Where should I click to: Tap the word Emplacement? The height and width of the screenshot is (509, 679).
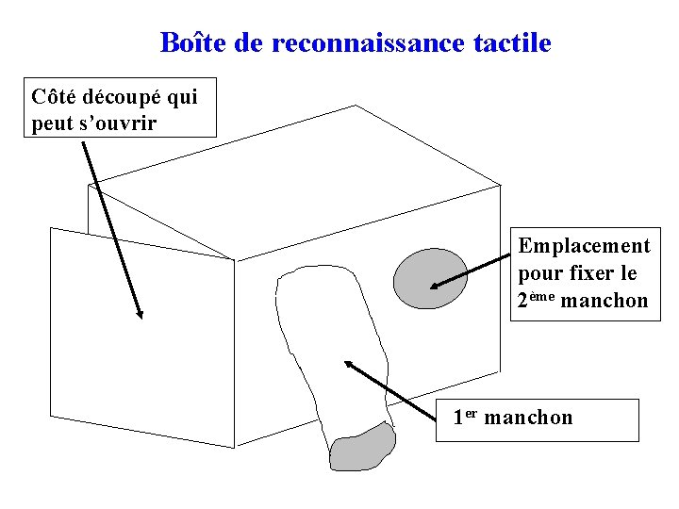tap(584, 246)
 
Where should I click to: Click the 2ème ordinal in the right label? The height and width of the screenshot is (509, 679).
tap(535, 300)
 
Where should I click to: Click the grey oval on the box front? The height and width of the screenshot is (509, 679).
tap(430, 279)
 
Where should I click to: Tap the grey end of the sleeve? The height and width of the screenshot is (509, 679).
tap(362, 449)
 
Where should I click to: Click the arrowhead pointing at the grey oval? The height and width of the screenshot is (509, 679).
tap(436, 286)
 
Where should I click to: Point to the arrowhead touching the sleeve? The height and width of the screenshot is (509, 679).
tap(349, 365)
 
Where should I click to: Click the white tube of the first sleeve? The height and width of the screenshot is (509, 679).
tap(335, 349)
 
